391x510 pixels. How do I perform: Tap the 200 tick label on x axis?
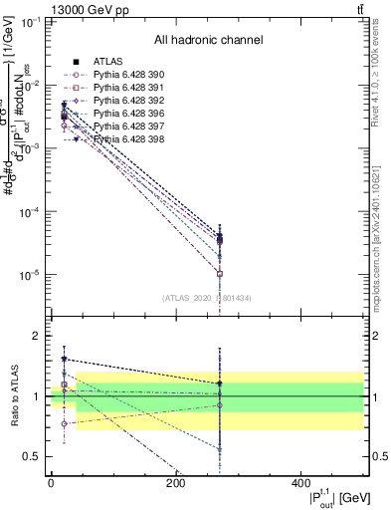coord(175,482)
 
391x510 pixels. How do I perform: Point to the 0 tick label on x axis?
coord(51,482)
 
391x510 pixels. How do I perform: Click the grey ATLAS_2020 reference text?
coord(206,297)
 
